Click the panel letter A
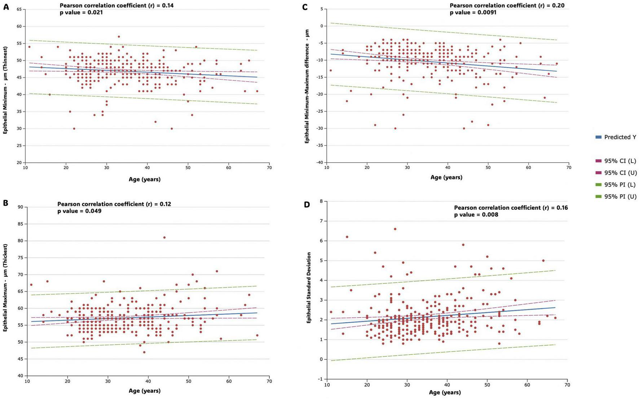tap(6, 6)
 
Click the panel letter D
tap(307, 205)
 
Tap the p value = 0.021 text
tap(81, 13)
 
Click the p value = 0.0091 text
tap(473, 13)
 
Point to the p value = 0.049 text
tap(79, 211)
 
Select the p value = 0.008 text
tap(476, 215)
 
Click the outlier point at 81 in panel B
tap(164, 237)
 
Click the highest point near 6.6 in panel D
tap(395, 229)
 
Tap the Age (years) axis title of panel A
tap(145, 179)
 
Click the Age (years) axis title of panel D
tap(445, 393)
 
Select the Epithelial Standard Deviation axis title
tap(309, 288)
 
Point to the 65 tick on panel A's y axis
tap(19, 9)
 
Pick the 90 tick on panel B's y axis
tap(20, 207)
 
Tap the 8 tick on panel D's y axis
tap(321, 201)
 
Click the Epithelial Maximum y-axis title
tap(5, 291)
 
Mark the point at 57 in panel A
tap(119, 36)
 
